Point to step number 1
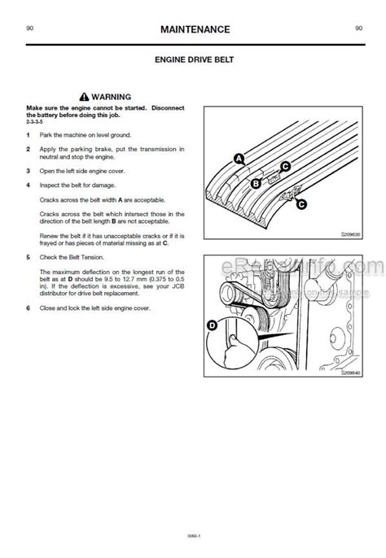click(x=29, y=134)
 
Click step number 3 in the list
click(x=29, y=171)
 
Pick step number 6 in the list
click(x=29, y=309)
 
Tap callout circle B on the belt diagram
click(x=255, y=184)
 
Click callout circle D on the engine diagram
click(x=213, y=325)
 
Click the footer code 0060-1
click(x=193, y=534)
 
